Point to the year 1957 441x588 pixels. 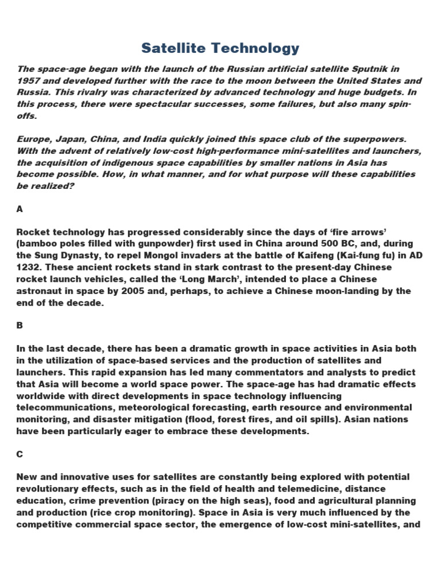(28, 81)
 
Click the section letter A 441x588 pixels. (20, 209)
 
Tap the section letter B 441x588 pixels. (20, 325)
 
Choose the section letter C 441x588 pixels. (20, 454)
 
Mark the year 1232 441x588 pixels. (28, 267)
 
